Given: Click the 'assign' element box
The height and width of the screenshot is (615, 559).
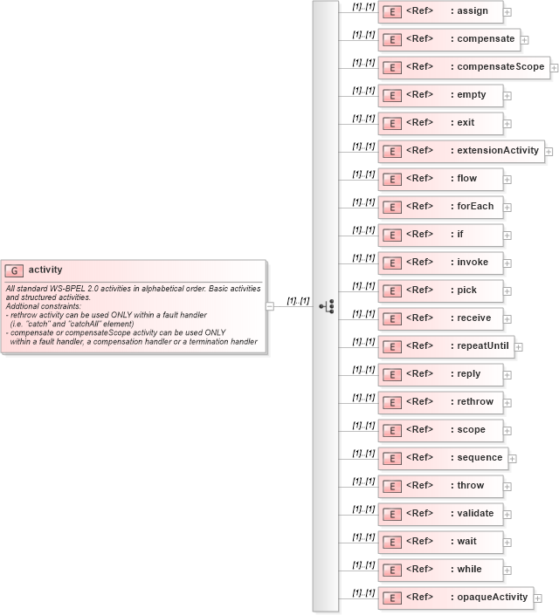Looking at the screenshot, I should click(x=440, y=11).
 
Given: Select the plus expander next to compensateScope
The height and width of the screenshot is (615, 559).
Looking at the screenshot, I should click(x=554, y=68).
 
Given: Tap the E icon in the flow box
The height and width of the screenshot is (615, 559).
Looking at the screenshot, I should click(x=392, y=179).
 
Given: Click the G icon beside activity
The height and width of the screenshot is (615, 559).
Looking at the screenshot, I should click(x=15, y=270).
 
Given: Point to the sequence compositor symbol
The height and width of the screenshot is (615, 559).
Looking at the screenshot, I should click(x=327, y=306).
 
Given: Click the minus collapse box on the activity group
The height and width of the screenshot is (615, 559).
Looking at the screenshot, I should click(x=270, y=306).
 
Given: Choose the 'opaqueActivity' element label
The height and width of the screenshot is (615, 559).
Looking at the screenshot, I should click(x=492, y=598).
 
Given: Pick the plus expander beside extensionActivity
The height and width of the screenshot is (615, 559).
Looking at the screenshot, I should click(x=549, y=152).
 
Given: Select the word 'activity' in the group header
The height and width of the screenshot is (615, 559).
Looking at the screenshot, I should click(x=45, y=270).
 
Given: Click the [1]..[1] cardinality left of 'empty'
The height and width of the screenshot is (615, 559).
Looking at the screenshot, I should click(x=363, y=90).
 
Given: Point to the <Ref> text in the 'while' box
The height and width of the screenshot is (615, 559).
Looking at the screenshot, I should click(x=420, y=570).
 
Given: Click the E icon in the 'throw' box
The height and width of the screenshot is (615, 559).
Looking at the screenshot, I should click(x=392, y=486).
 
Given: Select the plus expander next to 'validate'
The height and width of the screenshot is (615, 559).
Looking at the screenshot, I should click(x=507, y=515).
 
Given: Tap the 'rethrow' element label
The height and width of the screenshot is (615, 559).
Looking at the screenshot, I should click(x=475, y=402).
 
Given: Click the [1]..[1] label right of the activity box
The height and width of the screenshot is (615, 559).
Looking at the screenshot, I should click(x=298, y=300).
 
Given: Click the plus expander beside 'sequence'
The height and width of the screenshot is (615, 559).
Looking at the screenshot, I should click(x=513, y=459).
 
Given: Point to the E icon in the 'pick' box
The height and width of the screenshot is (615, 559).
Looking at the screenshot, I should click(x=392, y=290).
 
